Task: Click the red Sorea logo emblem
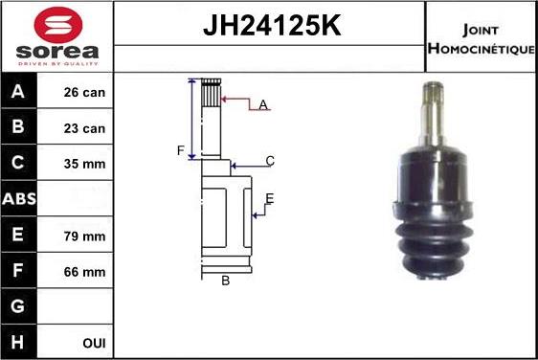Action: tap(56, 23)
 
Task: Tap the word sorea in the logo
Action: tap(56, 50)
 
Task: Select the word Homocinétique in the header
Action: tap(482, 48)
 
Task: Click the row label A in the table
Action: tap(18, 93)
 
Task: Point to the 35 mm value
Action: tap(85, 164)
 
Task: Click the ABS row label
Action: tap(19, 199)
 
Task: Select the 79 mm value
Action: tap(85, 236)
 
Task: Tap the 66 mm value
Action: tap(85, 272)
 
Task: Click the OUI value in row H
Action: tap(94, 342)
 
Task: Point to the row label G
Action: tap(18, 307)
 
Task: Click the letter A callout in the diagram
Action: tap(262, 104)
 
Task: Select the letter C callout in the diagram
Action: tap(270, 161)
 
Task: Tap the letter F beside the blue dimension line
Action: tap(179, 151)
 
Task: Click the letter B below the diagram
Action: tap(226, 281)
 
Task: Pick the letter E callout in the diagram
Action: tap(270, 199)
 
